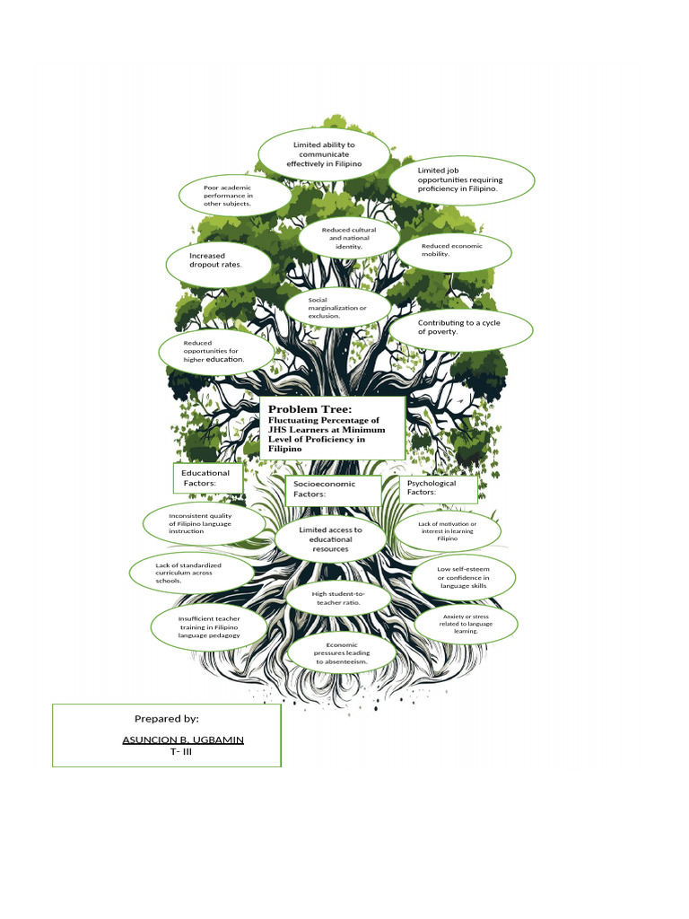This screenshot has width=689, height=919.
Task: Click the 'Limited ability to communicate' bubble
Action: pos(323,154)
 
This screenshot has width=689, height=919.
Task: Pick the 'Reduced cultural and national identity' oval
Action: pos(349,238)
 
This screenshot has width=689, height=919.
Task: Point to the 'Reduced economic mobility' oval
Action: pos(454,250)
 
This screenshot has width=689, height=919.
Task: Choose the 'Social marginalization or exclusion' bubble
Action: pos(337,308)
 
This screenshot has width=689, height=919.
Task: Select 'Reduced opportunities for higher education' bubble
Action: pos(215,351)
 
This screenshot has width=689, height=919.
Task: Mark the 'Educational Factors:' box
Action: pos(207,477)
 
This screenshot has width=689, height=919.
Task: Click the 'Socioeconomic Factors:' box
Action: pos(325,488)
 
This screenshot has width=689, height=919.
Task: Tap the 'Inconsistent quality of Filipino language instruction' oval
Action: pos(204,523)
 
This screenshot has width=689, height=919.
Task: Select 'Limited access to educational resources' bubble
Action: pos(331,539)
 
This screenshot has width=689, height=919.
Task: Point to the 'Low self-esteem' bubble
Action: pos(463,577)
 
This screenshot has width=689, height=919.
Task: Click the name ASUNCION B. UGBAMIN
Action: pos(183,739)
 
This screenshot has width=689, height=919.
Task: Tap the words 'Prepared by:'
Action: pos(167,719)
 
